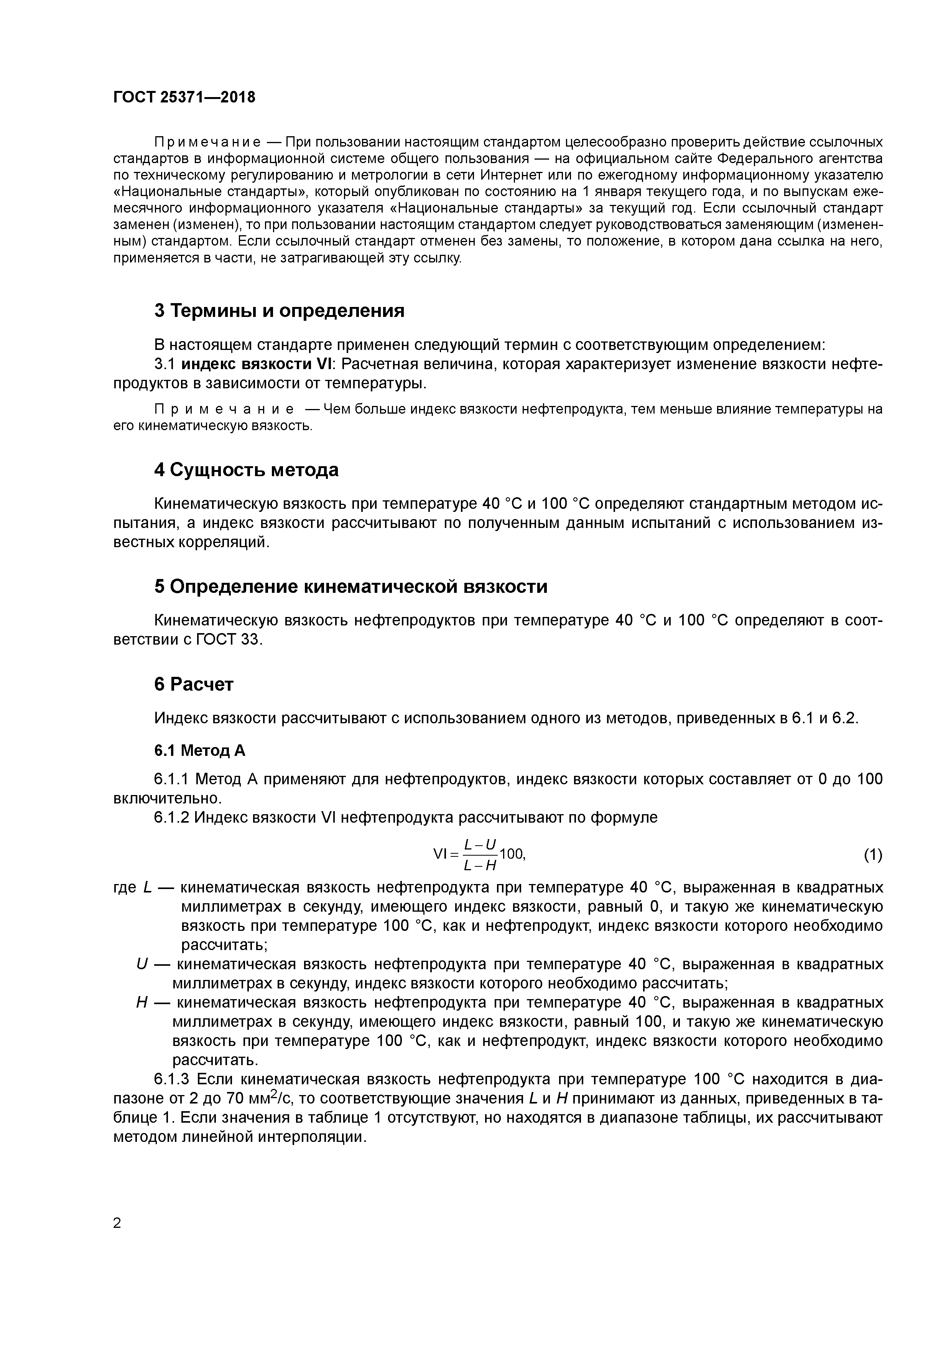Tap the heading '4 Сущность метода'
[x=246, y=470]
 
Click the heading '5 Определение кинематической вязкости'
[x=350, y=586]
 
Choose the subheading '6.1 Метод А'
[x=199, y=751]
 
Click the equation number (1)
[x=872, y=855]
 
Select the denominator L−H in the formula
[x=480, y=865]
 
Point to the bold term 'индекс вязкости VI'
[x=256, y=364]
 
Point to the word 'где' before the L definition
[x=124, y=888]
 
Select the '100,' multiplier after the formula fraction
[x=512, y=854]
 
